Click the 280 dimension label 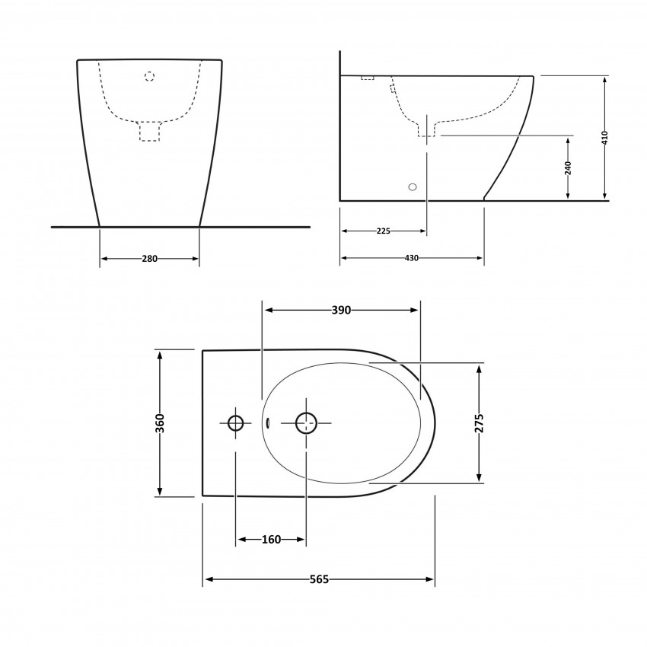pos(149,259)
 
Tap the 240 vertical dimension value pos(568,168)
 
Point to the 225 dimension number pos(383,231)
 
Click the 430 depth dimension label pos(411,258)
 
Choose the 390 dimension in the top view pos(340,310)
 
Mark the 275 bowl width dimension pos(479,423)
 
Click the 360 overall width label pos(160,422)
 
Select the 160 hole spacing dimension pos(271,540)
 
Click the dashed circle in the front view pos(149,76)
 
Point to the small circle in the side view pos(413,186)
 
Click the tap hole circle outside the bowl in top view pos(236,422)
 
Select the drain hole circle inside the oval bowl pos(306,422)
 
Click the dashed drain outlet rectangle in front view pos(149,131)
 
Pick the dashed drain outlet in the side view pos(426,127)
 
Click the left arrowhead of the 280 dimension pos(104,259)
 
